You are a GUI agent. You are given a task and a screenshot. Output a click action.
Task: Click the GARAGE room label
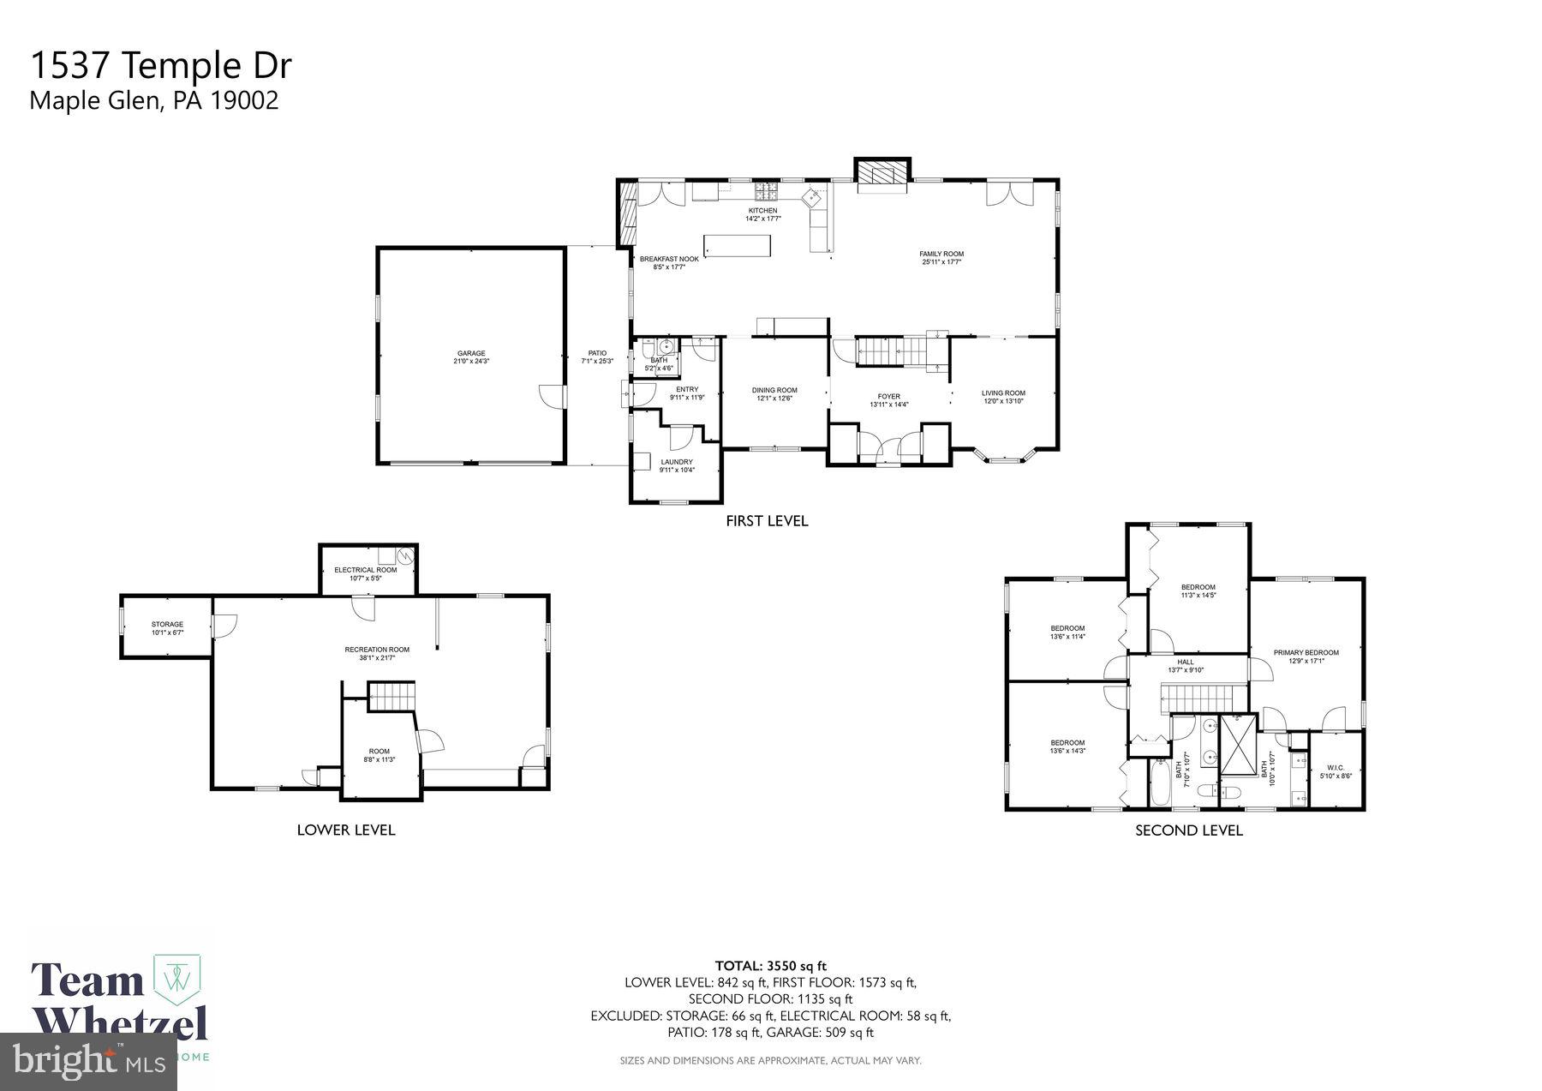coord(471,353)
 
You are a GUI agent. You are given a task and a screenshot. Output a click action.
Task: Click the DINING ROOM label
coord(774,390)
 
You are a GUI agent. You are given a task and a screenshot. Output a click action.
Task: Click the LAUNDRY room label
coord(677,462)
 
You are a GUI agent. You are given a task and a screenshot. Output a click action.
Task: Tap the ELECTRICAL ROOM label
coord(366,570)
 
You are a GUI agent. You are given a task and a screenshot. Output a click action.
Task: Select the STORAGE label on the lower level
coord(168,624)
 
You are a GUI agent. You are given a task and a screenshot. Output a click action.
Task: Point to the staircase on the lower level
coord(391,695)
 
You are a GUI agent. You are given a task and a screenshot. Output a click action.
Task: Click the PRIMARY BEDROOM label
coord(1306,652)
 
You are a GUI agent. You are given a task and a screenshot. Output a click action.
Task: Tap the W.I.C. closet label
coord(1336,767)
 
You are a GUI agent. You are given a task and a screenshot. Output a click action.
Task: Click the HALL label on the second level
coord(1186,662)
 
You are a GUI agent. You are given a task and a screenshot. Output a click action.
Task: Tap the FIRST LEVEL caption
coord(767,520)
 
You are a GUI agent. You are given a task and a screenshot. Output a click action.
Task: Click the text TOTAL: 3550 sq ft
coord(770,966)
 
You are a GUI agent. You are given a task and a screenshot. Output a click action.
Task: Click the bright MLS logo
coord(89,1063)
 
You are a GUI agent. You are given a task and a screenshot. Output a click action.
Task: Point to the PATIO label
coord(597,353)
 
